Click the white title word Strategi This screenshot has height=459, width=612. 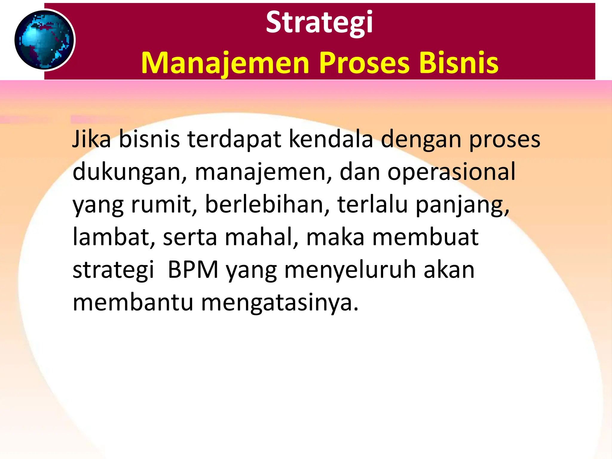pos(319,23)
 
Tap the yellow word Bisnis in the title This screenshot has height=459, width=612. pos(459,63)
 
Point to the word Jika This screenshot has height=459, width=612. pos(91,139)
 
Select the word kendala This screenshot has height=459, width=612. pos(331,139)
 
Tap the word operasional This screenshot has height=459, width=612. pos(451,173)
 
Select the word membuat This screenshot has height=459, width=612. pos(425,237)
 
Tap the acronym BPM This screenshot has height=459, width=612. pos(193,270)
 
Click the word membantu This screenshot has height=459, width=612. pos(133,302)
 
